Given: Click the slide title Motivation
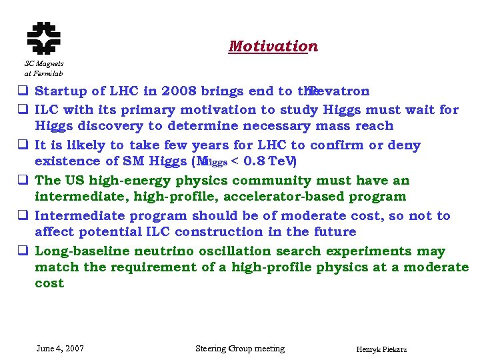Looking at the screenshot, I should point(273,47).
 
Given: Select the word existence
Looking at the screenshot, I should point(66,161).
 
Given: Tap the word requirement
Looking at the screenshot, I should point(159,267).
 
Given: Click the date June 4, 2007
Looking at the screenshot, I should point(60,349).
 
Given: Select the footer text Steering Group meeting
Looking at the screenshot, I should point(239,349).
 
